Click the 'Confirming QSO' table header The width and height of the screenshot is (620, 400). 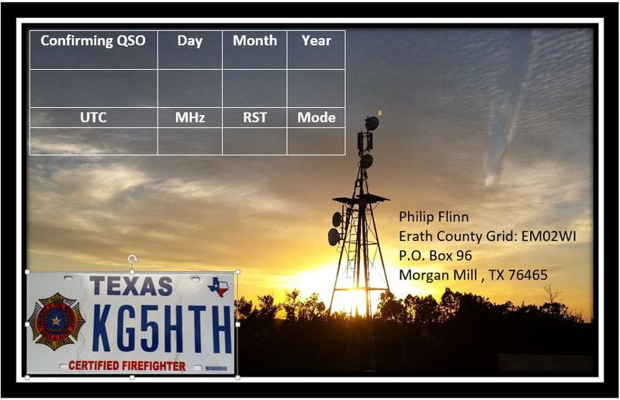click(93, 40)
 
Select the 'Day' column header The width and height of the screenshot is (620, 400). click(190, 41)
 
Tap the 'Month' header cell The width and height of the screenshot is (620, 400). click(255, 40)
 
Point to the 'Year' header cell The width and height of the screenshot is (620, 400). click(317, 40)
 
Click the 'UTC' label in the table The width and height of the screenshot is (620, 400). click(93, 117)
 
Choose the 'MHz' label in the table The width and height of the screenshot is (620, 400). click(190, 117)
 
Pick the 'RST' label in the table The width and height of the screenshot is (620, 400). click(255, 117)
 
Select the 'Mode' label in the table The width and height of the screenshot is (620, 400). click(317, 117)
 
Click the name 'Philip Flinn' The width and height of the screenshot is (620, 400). click(434, 217)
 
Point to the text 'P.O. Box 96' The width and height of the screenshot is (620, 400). click(435, 256)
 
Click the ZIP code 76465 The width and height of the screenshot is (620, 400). click(528, 275)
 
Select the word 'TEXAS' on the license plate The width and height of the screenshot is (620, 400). click(131, 286)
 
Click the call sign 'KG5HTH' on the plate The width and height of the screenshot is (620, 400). click(162, 329)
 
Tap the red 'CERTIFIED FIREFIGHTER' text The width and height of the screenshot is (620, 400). click(127, 366)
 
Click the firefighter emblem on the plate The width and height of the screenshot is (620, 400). click(57, 322)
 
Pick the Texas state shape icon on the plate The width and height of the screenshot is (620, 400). click(218, 287)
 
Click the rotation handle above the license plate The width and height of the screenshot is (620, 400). click(132, 259)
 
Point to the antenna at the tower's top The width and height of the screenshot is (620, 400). click(371, 123)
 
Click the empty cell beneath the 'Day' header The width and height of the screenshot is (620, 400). click(190, 89)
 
